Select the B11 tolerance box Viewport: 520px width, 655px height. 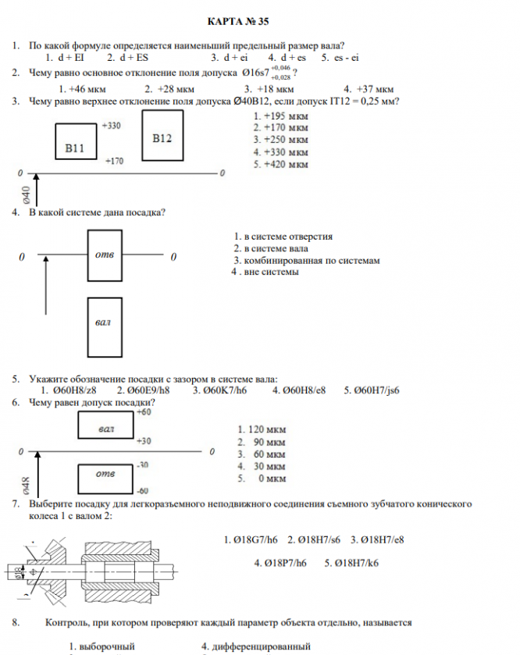pyautogui.click(x=76, y=146)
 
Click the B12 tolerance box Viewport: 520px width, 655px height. pyautogui.click(x=162, y=138)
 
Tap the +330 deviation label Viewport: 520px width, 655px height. pyautogui.click(x=111, y=125)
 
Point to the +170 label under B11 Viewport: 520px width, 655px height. pyautogui.click(x=114, y=161)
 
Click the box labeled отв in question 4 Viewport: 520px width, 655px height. pyautogui.click(x=105, y=255)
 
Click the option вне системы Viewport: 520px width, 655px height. pyautogui.click(x=269, y=272)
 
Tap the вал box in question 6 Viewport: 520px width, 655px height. pyautogui.click(x=107, y=427)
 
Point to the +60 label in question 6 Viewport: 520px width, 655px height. pyautogui.click(x=144, y=411)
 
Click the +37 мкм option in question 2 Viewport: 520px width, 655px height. pyautogui.click(x=374, y=88)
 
